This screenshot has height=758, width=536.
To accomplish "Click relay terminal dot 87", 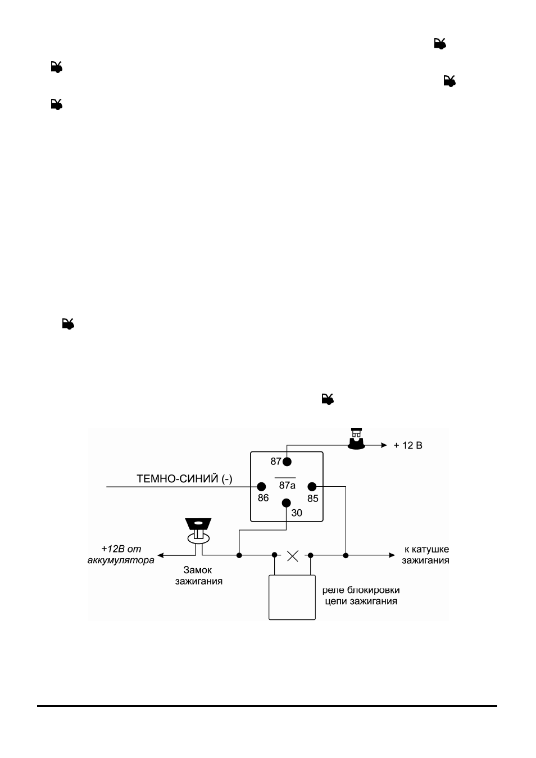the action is pos(287,462).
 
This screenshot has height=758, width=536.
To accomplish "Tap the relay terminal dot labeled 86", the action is pos(261,487).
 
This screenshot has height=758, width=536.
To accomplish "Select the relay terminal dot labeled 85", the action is pos(312,487).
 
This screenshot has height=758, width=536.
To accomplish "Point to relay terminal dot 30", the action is pos(286,503).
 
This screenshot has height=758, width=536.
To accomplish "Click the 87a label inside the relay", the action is pos(287,486).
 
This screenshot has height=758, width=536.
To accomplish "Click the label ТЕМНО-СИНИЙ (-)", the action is pos(184,479).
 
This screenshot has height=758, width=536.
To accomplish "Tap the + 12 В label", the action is pos(408,445).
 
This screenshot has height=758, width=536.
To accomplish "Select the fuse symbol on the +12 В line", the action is pos(357,439).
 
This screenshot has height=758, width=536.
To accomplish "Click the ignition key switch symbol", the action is pos(198,531).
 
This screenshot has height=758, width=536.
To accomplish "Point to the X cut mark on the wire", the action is pos(293,556).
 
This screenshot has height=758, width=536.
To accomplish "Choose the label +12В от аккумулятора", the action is pos(121,554).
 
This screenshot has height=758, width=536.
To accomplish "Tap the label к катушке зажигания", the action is pos(425,555).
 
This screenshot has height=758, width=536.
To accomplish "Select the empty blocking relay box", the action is pos(292,597).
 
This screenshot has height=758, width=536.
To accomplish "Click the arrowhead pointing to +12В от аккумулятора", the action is pos(161,555).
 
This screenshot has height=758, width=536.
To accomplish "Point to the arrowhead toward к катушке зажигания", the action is pos(392,555).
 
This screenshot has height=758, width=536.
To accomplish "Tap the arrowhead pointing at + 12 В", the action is pos(384,445).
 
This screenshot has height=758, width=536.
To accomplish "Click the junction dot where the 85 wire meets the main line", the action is pos(346,555).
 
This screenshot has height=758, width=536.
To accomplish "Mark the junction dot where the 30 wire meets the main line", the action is pos(239,555).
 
